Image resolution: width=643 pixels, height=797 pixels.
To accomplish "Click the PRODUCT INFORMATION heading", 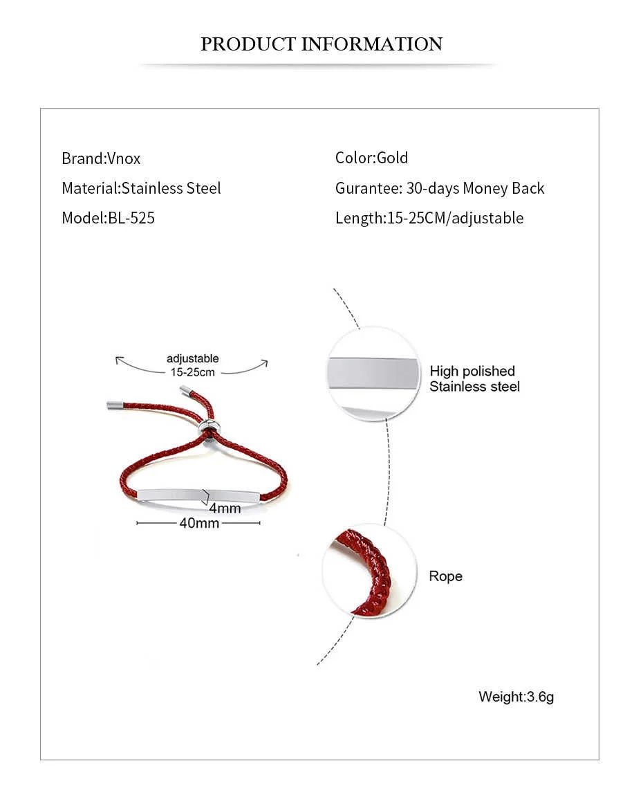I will [321, 44].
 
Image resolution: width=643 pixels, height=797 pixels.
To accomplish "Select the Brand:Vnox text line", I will [101, 158].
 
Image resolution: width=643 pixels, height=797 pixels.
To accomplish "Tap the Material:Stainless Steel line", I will [141, 188].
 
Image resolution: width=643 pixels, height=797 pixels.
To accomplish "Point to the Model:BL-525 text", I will [108, 218].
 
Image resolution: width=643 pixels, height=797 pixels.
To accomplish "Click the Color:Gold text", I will [371, 158].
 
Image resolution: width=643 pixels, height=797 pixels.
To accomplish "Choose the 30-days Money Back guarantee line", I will [440, 188].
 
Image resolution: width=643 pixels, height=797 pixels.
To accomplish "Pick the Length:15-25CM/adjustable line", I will [429, 218].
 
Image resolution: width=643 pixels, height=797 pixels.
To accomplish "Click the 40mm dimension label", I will [199, 523].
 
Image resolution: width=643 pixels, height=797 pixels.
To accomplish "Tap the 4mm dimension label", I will [225, 509].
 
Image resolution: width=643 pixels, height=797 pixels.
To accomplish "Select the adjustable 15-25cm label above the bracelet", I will [193, 365].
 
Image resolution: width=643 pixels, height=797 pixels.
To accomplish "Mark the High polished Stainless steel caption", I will [474, 379].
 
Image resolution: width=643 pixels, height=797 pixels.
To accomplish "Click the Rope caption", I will [445, 576].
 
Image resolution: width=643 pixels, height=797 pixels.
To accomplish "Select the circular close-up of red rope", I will [370, 571].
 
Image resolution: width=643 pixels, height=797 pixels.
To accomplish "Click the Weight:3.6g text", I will [516, 697].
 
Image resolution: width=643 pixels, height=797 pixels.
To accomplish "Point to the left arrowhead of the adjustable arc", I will [119, 360].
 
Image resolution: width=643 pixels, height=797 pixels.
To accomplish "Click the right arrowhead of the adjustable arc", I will [265, 363].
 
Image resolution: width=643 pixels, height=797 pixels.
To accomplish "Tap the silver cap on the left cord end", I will [113, 404].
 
